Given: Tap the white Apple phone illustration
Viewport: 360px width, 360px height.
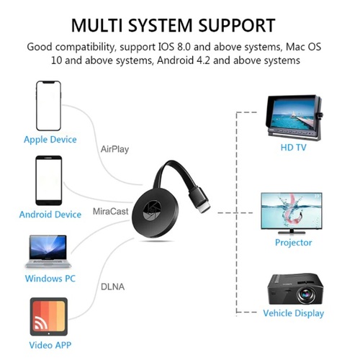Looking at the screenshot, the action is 48,106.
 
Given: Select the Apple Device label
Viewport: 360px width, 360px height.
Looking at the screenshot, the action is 50,140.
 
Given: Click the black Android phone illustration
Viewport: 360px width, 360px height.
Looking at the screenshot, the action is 49,181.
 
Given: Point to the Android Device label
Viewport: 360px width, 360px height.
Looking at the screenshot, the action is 50,215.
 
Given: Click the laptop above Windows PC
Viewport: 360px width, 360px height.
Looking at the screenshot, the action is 48,251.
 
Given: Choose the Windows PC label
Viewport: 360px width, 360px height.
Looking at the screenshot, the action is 50,279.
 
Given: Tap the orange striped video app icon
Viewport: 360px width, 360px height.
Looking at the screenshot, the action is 49,317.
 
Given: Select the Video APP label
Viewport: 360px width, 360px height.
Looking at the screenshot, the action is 50,345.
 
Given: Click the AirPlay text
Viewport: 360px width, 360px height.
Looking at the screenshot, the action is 114,149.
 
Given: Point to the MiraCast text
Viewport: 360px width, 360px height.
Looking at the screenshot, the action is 110,212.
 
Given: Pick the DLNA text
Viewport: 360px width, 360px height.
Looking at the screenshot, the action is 112,287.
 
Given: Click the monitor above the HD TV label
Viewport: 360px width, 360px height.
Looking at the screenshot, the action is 294,117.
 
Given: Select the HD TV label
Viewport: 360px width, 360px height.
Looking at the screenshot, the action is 293,148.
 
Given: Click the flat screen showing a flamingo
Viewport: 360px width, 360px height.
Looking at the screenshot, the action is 292,213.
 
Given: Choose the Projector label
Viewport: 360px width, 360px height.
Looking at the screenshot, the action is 293,243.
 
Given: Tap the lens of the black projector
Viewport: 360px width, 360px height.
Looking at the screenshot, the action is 305,294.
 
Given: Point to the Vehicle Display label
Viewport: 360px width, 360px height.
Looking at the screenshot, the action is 293,313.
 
